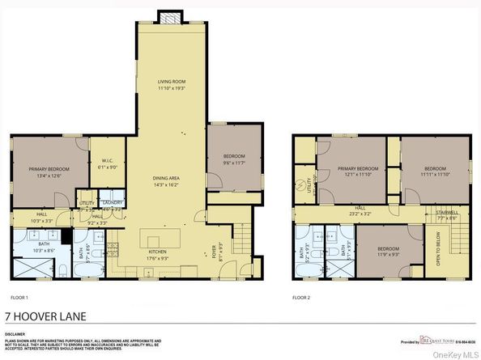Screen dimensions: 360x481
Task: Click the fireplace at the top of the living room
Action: [170, 17]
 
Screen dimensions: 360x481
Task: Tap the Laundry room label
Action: [112, 202]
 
